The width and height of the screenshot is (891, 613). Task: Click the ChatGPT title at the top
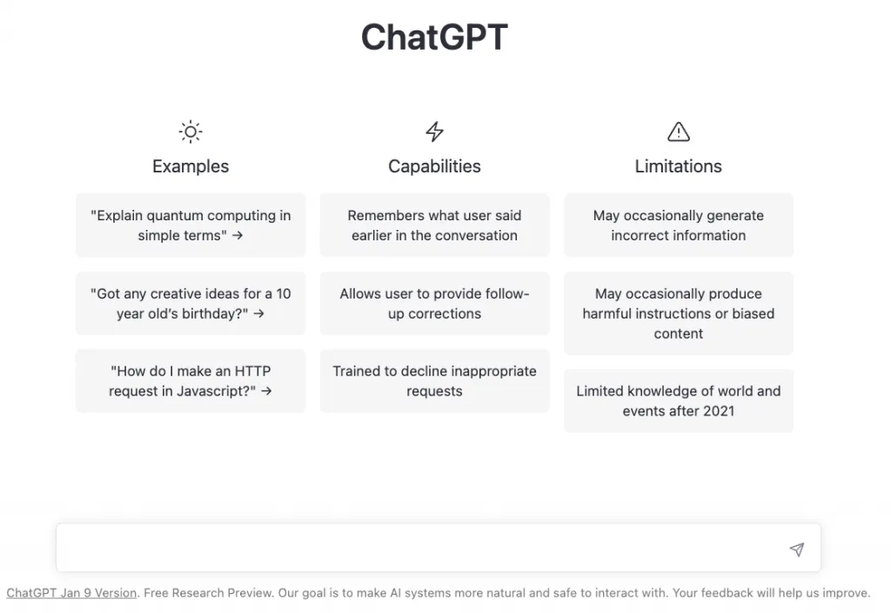434,37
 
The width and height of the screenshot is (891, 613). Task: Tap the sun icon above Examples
191,132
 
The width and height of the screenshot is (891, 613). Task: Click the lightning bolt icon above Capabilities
435,131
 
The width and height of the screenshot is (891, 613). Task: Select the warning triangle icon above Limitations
679,131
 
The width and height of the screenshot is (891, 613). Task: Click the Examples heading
191,166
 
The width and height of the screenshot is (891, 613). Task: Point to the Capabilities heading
435,166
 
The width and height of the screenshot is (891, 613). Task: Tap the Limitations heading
679,166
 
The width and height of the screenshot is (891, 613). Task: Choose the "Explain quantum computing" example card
191,226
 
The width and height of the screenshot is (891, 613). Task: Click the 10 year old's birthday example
191,303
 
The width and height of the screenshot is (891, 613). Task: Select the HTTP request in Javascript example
191,381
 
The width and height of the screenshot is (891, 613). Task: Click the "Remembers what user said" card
435,226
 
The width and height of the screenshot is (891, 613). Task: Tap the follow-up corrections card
435,303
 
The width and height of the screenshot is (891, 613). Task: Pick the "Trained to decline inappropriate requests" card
435,381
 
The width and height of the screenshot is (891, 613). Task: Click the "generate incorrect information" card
679,226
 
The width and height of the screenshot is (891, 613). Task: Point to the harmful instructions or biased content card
679,313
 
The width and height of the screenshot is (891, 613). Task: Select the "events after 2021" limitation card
679,401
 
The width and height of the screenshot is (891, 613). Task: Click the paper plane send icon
797,549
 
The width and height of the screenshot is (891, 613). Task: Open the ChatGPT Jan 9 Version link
71,592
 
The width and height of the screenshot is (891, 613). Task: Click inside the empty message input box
420,548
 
